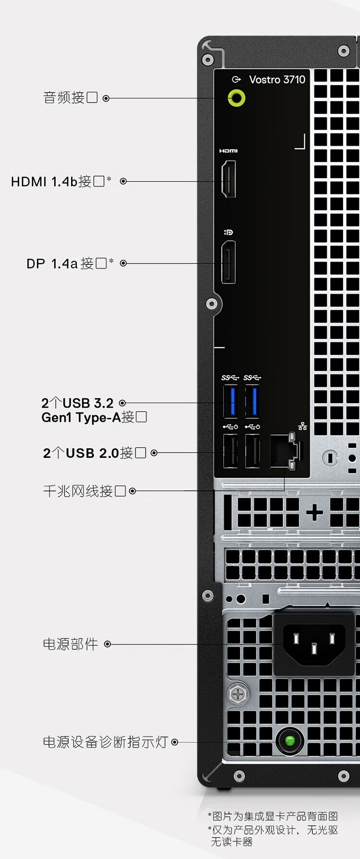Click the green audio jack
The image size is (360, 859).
tap(236, 98)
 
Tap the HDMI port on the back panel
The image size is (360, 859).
tap(228, 179)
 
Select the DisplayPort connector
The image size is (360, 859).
tap(228, 263)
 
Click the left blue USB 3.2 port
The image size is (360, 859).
tap(231, 401)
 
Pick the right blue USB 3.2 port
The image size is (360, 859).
tap(253, 401)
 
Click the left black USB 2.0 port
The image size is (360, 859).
tap(231, 451)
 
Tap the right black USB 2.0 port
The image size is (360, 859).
tap(252, 451)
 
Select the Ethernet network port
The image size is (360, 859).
tap(284, 451)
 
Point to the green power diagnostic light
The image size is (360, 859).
tap(290, 741)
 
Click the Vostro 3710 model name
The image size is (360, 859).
tap(277, 80)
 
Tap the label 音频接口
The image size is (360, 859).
tap(71, 98)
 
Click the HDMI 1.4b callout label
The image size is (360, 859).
tap(61, 181)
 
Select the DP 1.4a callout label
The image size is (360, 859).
tap(70, 263)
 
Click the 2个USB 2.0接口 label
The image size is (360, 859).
tap(95, 453)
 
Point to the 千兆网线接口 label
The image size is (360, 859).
tap(84, 491)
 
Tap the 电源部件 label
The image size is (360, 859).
tap(71, 644)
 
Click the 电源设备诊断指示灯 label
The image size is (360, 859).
tap(106, 742)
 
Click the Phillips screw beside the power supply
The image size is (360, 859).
tap(238, 694)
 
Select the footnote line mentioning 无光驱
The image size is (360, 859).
tap(273, 830)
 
